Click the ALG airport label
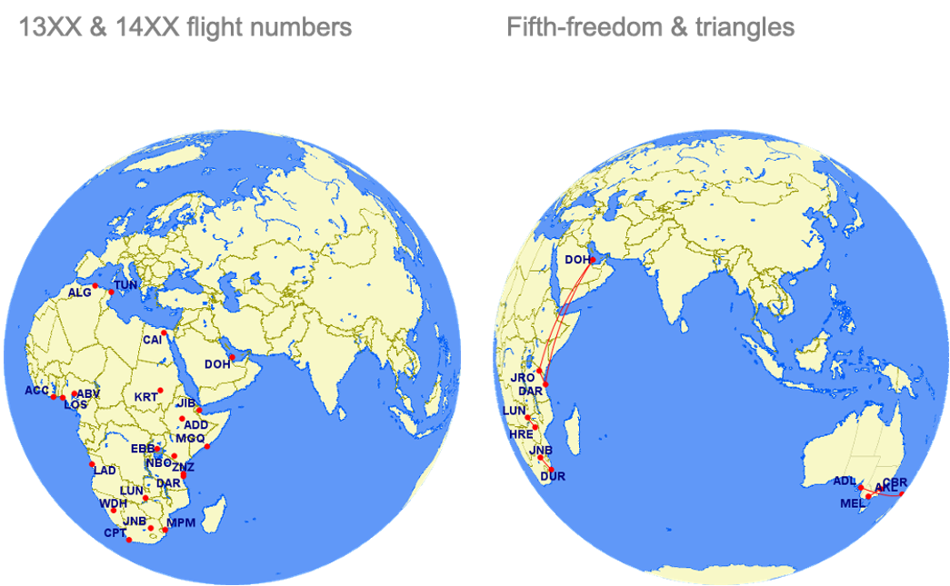click(80, 293)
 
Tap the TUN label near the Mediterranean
click(125, 285)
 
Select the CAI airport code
click(152, 340)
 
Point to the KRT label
click(145, 398)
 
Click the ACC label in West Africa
click(36, 391)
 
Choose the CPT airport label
click(115, 533)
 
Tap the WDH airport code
click(113, 503)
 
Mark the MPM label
click(181, 522)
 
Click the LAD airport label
click(105, 471)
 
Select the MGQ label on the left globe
click(191, 438)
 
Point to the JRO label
click(524, 377)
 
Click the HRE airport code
click(521, 435)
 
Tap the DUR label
click(553, 476)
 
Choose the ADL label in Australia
click(845, 481)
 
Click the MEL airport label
click(853, 503)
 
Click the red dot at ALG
click(95, 287)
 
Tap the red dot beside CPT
click(130, 541)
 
